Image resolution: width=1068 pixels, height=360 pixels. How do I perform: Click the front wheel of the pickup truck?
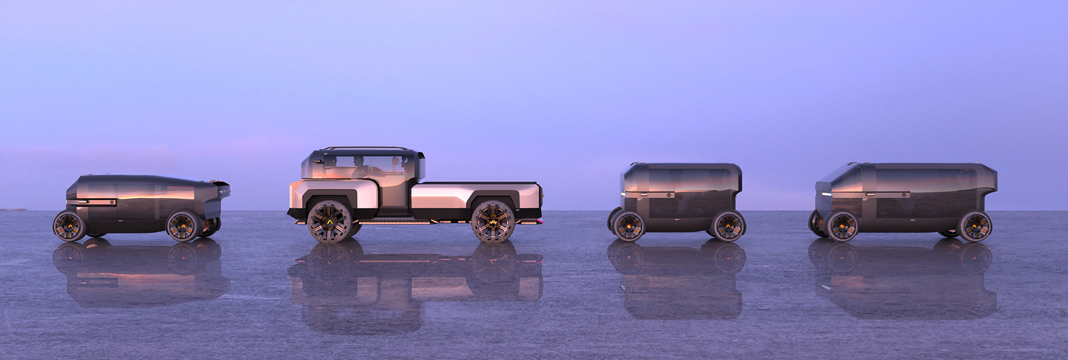tap(329, 221)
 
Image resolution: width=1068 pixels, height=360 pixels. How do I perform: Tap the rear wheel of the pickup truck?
tap(493, 221)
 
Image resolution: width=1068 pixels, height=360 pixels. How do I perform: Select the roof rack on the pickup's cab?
tap(368, 149)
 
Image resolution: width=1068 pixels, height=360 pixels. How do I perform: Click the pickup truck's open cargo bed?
tap(476, 184)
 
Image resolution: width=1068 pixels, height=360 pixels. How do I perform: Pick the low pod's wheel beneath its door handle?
tap(69, 225)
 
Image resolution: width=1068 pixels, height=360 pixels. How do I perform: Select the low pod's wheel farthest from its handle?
tap(183, 225)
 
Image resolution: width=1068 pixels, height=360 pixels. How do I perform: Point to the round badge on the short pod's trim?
tap(667, 195)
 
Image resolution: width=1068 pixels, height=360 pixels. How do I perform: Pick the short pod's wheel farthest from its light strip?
tap(728, 225)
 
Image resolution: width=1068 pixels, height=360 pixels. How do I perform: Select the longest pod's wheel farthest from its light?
tap(975, 225)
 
